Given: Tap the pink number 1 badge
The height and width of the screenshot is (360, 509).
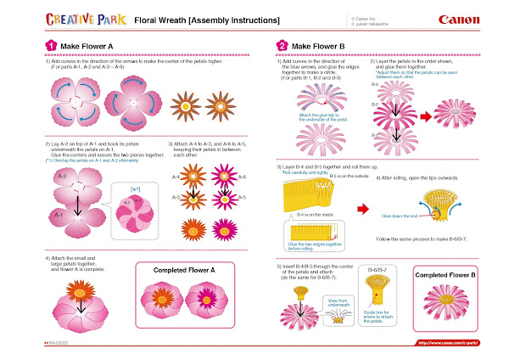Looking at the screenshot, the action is click(27, 46).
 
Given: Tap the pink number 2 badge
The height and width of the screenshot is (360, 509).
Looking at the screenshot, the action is click(282, 46).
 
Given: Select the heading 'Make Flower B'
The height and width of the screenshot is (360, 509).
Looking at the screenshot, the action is click(316, 46).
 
